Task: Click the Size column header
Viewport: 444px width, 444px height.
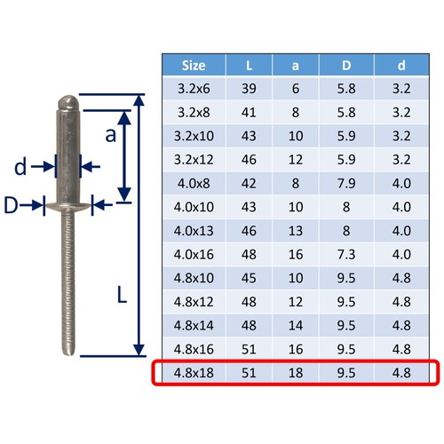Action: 194,66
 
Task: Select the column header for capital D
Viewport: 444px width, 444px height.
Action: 346,66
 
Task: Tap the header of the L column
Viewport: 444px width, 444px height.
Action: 249,66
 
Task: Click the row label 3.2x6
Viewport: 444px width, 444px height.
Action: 194,89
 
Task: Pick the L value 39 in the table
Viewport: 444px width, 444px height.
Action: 249,89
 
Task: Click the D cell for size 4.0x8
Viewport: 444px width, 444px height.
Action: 346,183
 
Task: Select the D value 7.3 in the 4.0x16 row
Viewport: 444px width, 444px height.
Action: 346,254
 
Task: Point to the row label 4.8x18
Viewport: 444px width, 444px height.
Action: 194,373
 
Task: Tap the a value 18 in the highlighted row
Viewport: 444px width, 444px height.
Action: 296,373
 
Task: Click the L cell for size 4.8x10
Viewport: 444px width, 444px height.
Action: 249,278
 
